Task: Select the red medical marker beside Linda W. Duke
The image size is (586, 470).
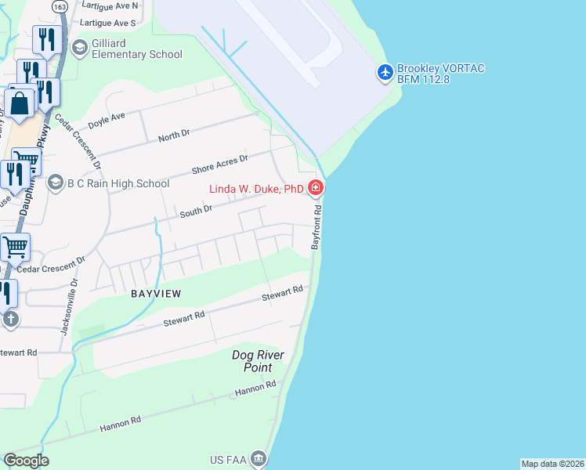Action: coord(315,187)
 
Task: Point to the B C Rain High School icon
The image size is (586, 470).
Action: coord(55,183)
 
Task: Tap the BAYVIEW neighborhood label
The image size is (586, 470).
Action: coord(155,293)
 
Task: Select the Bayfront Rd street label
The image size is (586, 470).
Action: coord(317,228)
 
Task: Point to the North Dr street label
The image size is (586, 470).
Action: coord(174,135)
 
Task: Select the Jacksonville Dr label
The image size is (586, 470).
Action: coord(68,304)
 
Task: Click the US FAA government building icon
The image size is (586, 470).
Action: coord(259,457)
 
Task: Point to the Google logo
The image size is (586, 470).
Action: coord(26,461)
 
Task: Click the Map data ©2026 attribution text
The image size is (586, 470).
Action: coord(552,464)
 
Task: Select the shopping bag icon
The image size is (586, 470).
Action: coord(19,103)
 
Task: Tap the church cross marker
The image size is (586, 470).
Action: coord(10,319)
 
